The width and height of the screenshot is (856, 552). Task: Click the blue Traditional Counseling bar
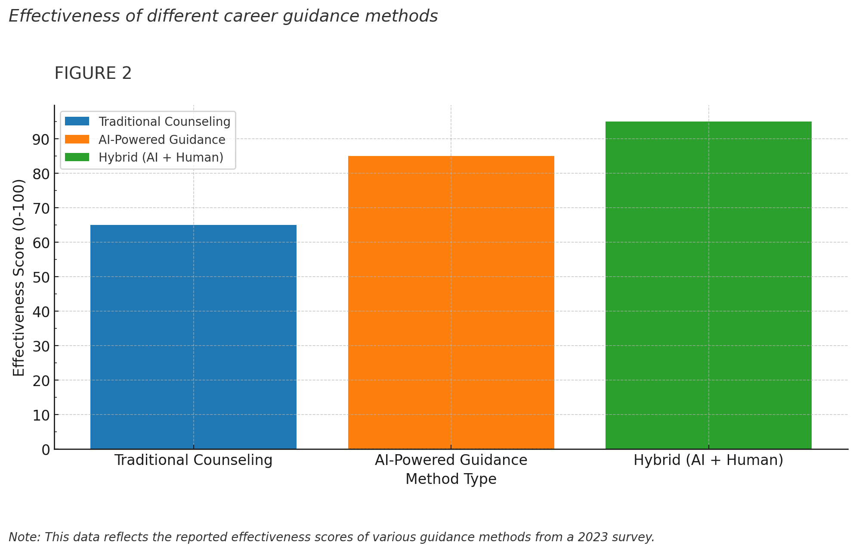tap(193, 337)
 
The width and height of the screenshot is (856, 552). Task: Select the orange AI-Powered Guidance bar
tap(451, 302)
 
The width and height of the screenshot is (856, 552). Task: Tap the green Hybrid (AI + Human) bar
tap(708, 285)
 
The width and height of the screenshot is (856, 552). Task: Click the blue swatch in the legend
tap(77, 122)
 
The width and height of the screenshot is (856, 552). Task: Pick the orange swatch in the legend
tap(77, 140)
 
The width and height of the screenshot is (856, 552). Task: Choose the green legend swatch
tap(77, 157)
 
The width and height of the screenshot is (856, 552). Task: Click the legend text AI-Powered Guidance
tap(162, 140)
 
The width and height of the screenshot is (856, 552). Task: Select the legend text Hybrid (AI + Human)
tap(161, 157)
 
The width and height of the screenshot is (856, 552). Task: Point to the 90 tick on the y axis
tap(42, 139)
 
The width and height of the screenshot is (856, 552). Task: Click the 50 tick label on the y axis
tap(42, 277)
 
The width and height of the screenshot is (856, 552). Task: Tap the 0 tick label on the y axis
tap(46, 449)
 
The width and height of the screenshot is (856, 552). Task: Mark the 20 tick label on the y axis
tap(42, 380)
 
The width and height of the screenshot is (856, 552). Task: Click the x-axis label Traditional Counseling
tap(193, 460)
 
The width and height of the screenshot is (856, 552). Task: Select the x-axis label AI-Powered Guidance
tap(451, 460)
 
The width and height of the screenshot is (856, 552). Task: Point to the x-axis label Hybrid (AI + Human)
tap(708, 460)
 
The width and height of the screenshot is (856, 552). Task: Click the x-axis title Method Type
tap(451, 479)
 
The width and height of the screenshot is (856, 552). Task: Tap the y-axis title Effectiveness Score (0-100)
tap(19, 277)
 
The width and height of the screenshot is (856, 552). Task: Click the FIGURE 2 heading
tap(93, 73)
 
